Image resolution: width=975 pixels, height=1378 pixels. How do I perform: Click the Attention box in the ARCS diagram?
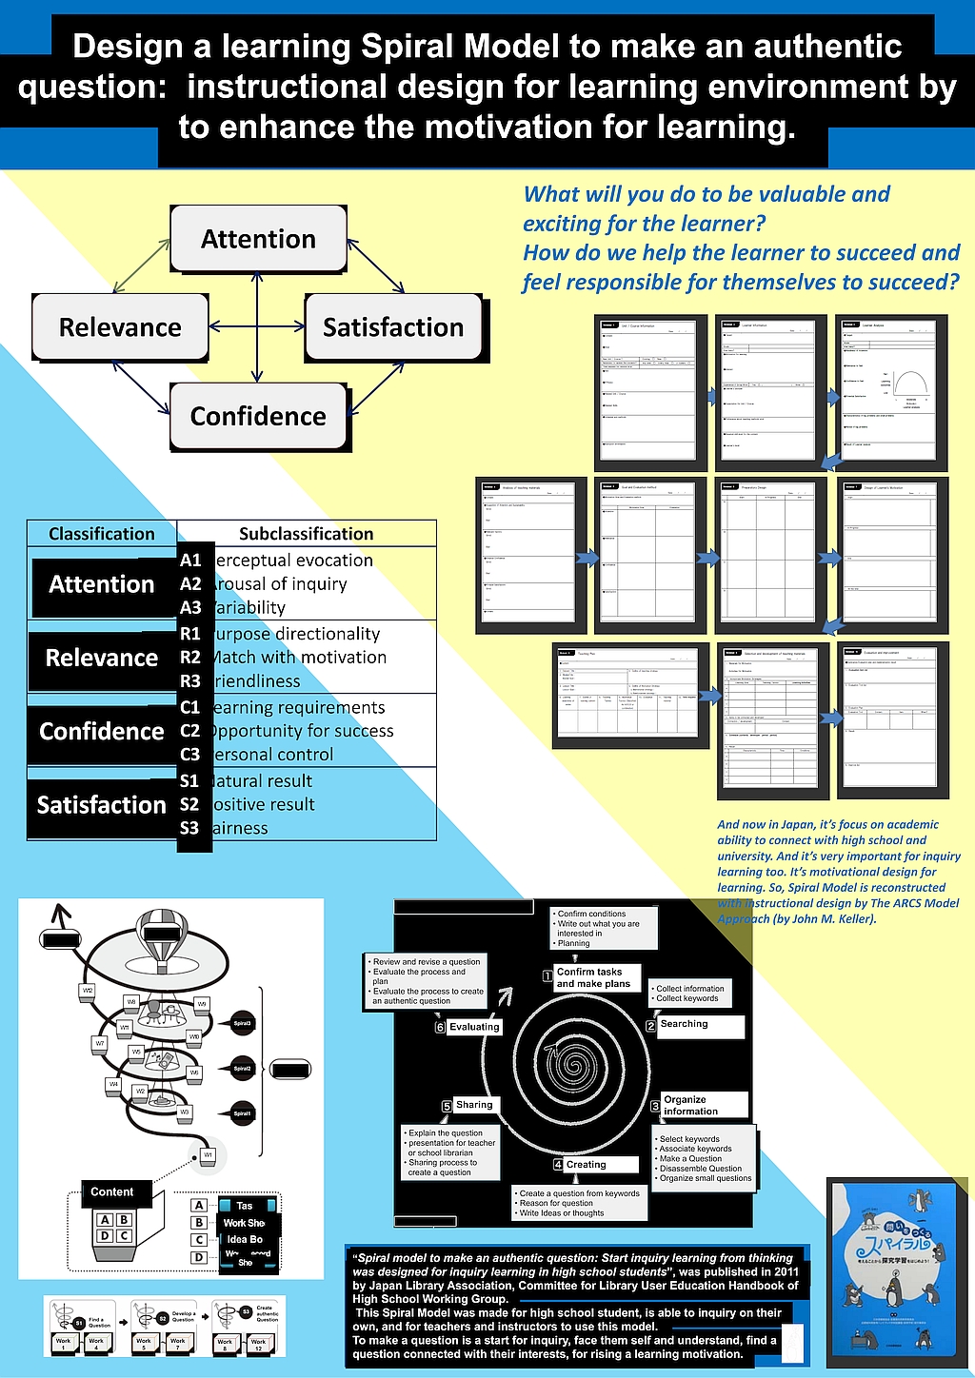pos(258,239)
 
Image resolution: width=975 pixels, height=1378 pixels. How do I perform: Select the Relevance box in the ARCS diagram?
pos(120,327)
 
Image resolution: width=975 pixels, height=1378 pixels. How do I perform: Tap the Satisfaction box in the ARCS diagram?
pos(393,327)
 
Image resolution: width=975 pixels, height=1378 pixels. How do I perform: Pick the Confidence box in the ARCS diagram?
pos(258,416)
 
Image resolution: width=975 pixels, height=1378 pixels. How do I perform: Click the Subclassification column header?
pos(306,534)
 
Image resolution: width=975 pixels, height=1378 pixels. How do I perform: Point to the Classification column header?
pos(102,534)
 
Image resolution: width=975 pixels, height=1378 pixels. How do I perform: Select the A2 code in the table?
pos(190,584)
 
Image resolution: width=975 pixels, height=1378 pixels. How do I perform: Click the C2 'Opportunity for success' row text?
pos(302,731)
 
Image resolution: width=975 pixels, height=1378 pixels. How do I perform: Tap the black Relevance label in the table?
pos(102,658)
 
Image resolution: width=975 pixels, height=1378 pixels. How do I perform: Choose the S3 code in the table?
pos(190,828)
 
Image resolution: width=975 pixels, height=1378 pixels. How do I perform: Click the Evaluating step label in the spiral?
pos(474,1027)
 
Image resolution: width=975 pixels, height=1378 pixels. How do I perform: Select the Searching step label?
pos(685,1024)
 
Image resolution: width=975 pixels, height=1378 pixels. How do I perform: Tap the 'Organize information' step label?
pos(691,1105)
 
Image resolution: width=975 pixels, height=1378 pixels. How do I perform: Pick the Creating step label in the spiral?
pos(586,1165)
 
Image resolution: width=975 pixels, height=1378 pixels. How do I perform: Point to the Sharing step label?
pos(474,1105)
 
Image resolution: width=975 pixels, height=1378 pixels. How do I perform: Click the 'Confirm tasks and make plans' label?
pos(593,978)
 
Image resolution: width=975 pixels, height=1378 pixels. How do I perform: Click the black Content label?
pos(112,1192)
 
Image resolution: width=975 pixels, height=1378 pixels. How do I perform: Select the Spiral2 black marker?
pos(242,1069)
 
